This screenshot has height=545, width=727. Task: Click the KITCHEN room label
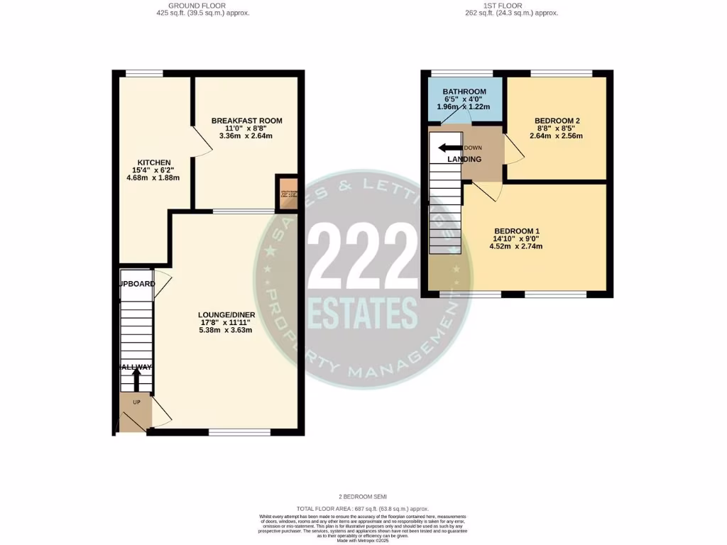click(x=154, y=163)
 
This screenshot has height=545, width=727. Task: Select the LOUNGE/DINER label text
click(x=227, y=314)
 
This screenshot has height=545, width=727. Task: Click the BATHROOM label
click(x=464, y=92)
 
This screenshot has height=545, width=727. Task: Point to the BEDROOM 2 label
click(x=556, y=121)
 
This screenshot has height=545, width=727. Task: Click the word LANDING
click(x=464, y=159)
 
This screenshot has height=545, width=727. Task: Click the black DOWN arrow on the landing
click(x=449, y=148)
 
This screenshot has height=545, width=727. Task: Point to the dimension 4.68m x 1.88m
click(x=154, y=177)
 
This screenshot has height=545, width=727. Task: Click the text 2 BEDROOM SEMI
click(x=363, y=496)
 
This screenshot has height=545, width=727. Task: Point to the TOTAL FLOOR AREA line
click(x=363, y=508)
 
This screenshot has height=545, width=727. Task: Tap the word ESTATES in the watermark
click(x=363, y=313)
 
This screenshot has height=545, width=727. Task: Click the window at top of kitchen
click(x=144, y=72)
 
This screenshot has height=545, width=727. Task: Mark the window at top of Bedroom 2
click(x=562, y=72)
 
